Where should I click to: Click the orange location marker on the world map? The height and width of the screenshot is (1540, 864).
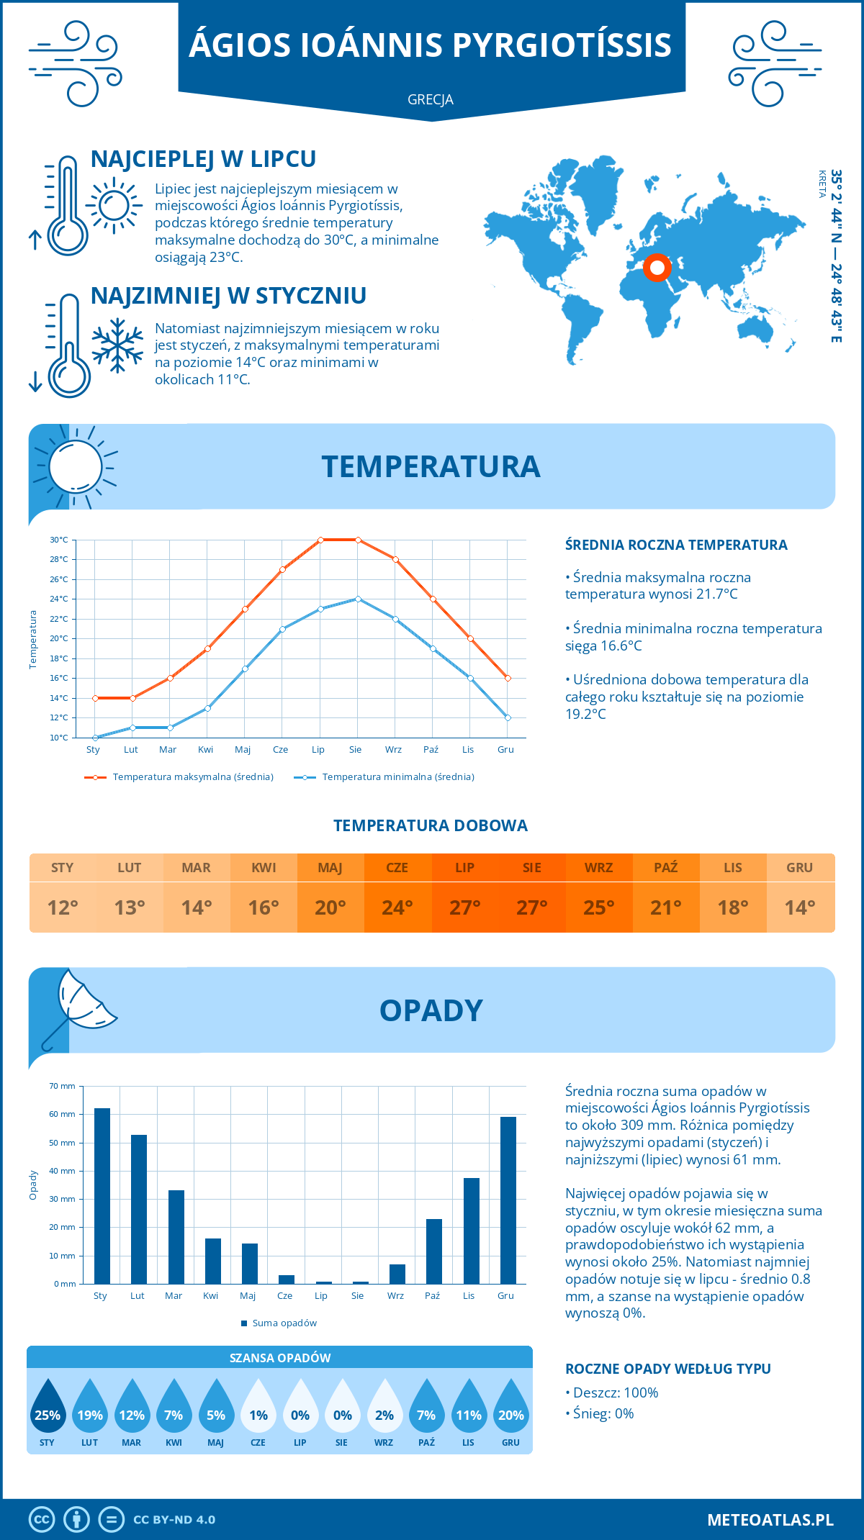tap(657, 268)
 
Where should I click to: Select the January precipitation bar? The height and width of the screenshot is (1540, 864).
tap(102, 1196)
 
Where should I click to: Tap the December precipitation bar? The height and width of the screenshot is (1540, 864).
tap(508, 1200)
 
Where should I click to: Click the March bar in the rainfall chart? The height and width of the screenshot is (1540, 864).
tap(176, 1237)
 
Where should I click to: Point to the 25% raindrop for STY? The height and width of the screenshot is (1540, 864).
tap(48, 1408)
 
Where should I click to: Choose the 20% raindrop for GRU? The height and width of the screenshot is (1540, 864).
tap(511, 1408)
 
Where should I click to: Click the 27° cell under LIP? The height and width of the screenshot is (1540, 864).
tap(464, 907)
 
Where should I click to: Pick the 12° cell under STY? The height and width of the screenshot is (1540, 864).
tap(63, 907)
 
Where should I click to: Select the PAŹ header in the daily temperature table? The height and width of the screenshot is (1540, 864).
tap(665, 868)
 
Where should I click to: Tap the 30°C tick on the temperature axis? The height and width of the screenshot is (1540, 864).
tap(59, 540)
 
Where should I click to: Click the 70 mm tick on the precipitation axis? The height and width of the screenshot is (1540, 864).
tap(63, 1086)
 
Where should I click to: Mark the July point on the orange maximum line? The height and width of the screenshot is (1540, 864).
tap(320, 540)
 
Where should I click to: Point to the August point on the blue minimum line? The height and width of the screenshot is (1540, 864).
tap(358, 599)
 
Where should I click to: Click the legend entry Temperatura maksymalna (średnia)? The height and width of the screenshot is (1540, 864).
tap(193, 777)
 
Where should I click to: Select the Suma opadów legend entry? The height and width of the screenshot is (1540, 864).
tap(284, 1323)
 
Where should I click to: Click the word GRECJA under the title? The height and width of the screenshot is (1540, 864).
tap(431, 100)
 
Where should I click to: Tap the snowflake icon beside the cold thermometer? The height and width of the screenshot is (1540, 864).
tap(117, 345)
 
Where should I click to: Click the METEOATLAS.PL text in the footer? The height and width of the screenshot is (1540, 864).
tap(770, 1520)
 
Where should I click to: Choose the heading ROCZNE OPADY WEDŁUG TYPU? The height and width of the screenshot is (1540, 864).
tap(668, 1369)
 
